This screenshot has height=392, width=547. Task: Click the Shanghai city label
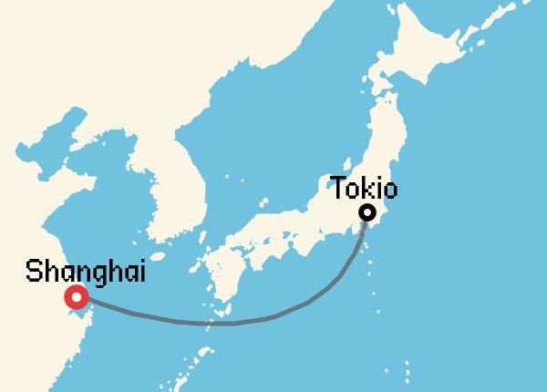[86, 272]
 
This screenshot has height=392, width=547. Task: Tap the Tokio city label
[364, 190]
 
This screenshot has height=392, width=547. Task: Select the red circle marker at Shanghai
[77, 297]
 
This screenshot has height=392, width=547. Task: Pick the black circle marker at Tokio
[367, 213]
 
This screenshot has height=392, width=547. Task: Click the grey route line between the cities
[228, 323]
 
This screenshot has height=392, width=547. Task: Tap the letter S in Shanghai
[33, 272]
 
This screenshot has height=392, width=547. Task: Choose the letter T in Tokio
[338, 190]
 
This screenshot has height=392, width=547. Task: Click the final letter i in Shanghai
[142, 272]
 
